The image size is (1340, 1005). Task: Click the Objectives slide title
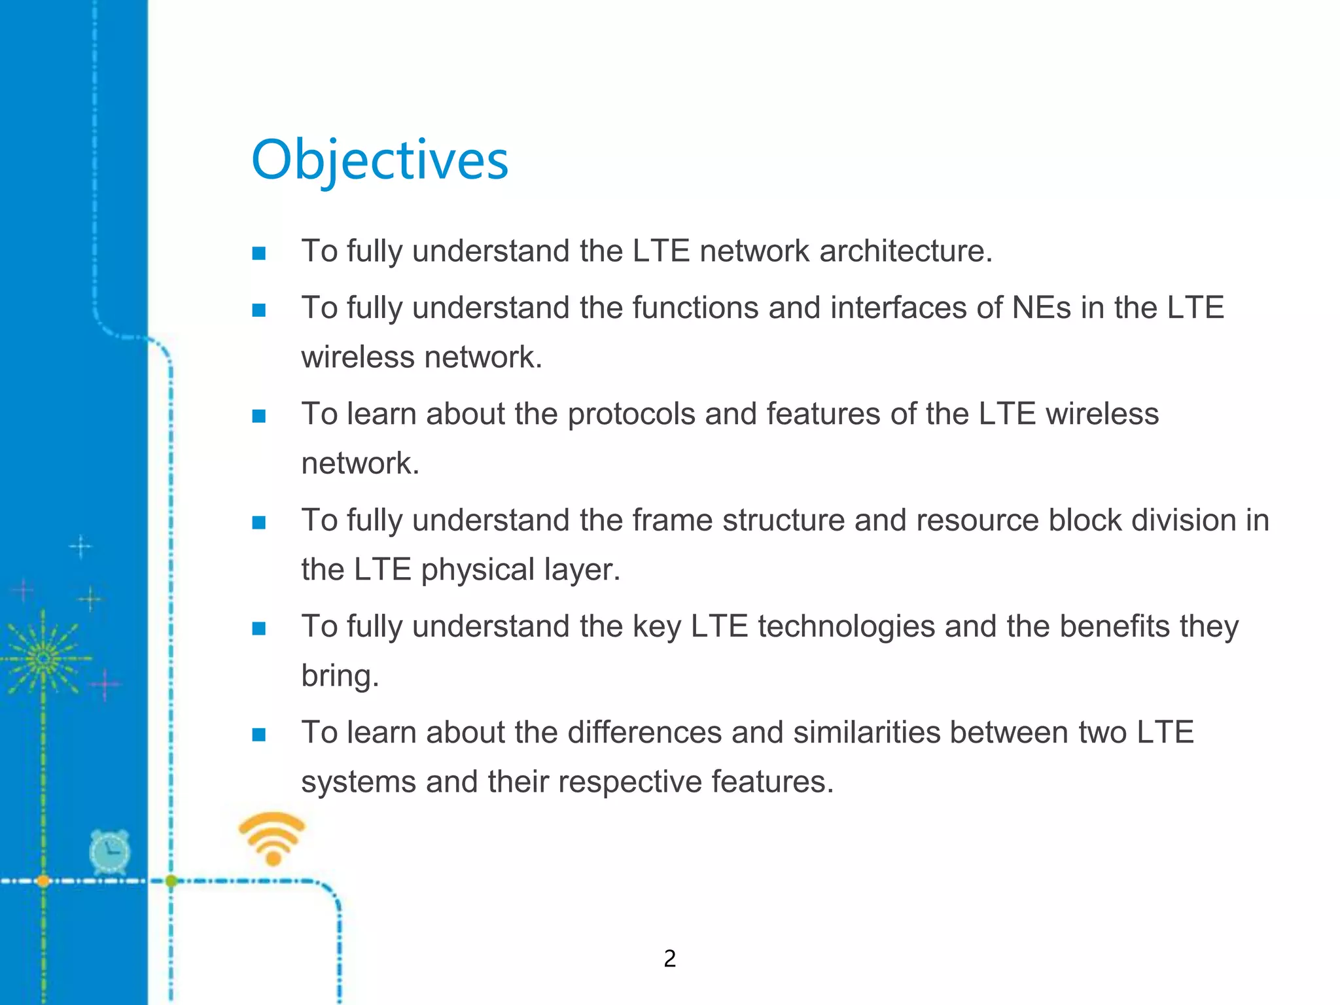click(379, 160)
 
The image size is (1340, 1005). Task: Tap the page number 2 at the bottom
click(669, 959)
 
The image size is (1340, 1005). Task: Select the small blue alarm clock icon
click(109, 853)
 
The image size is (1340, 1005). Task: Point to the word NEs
click(1042, 308)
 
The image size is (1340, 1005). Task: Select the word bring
click(340, 676)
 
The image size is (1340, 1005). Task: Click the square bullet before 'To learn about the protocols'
click(258, 416)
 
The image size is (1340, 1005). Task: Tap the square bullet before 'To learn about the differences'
click(258, 735)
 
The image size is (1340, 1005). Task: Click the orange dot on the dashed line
click(43, 881)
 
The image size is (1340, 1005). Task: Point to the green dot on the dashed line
click(171, 881)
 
